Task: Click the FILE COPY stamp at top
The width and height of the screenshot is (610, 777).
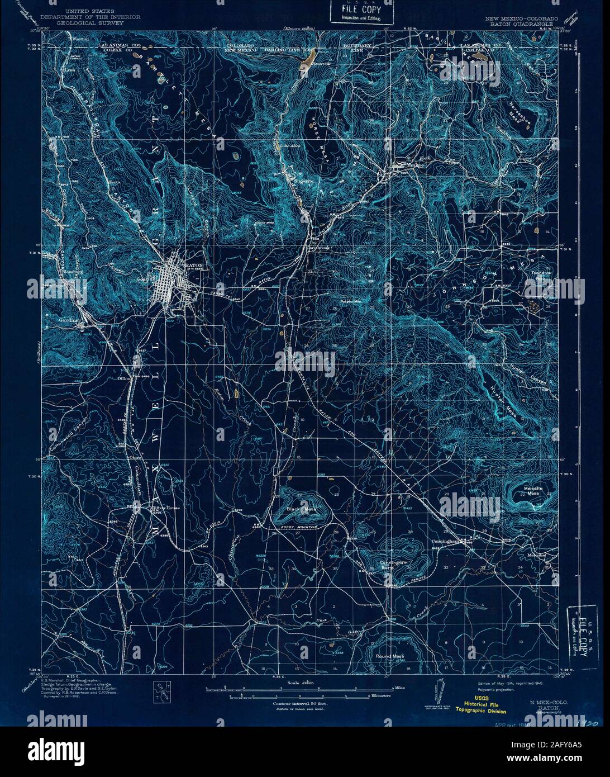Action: [x=353, y=12]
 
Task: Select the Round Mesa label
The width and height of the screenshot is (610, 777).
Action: [x=389, y=656]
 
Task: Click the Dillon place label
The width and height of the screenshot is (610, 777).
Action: [x=123, y=378]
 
